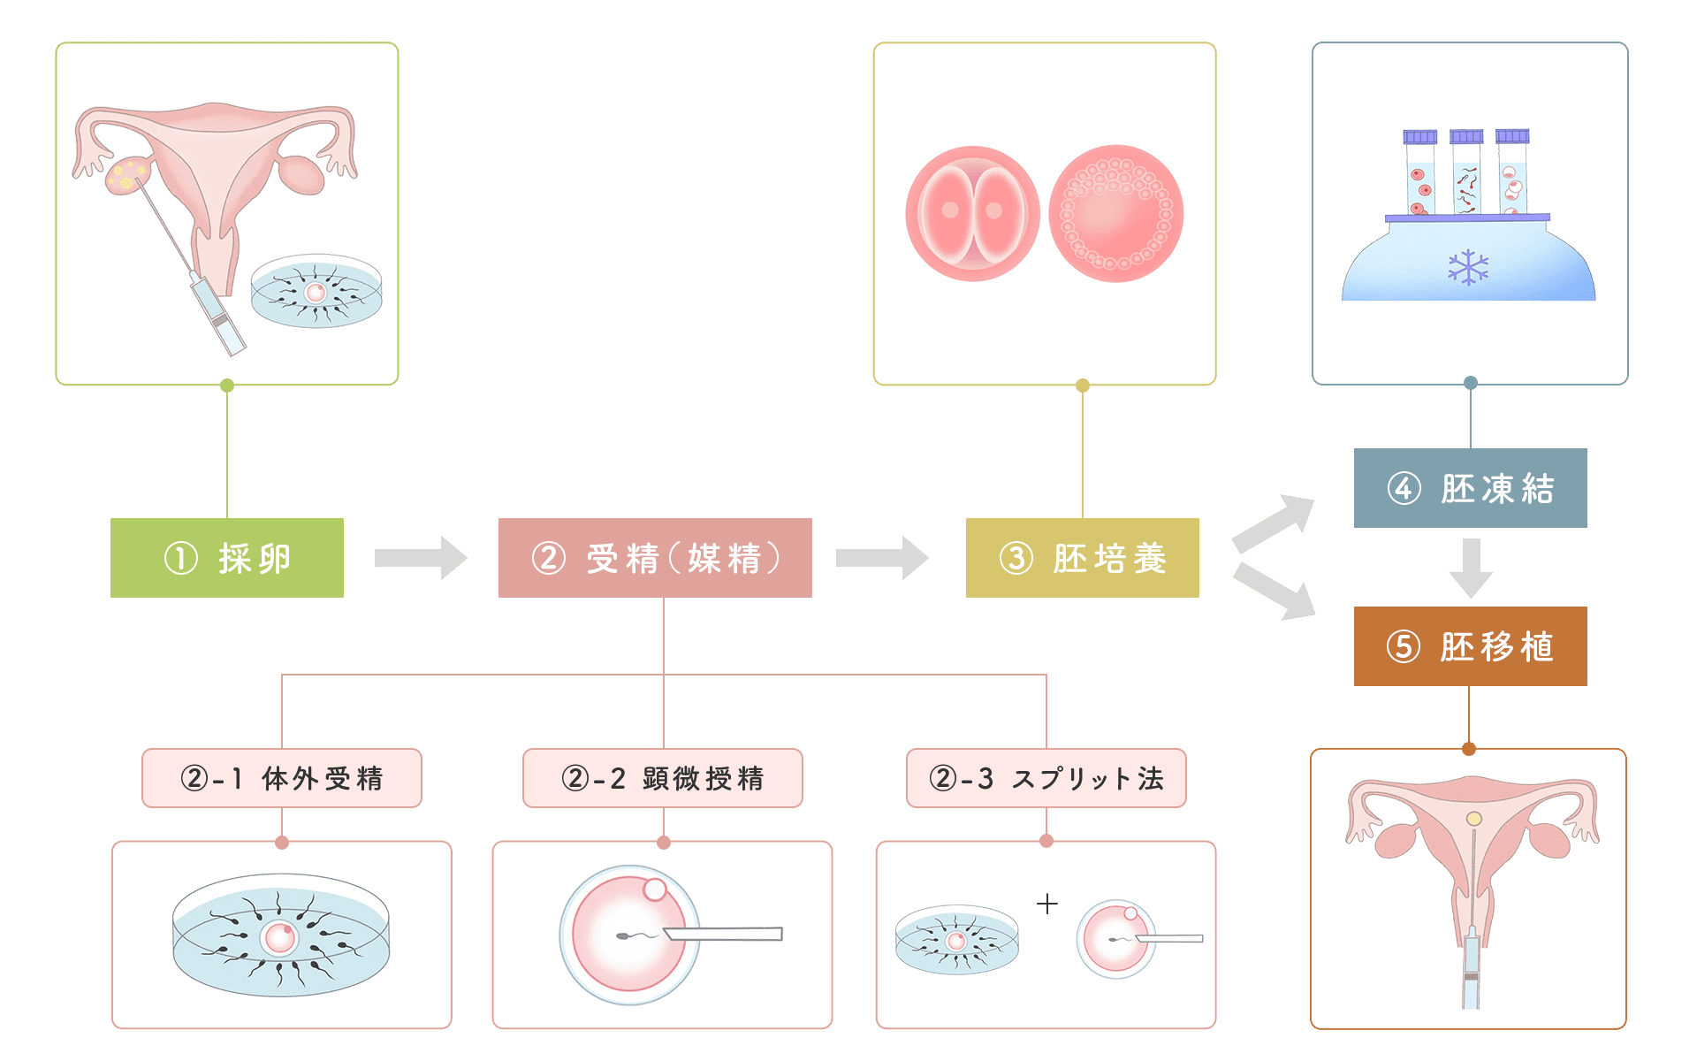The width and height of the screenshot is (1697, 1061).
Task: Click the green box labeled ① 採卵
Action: pos(227,558)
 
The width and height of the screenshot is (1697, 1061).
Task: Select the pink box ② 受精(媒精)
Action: pos(655,558)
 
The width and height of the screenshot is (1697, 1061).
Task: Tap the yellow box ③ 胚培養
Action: pos(1082,558)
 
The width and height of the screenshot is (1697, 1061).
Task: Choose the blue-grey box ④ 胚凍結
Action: pos(1470,488)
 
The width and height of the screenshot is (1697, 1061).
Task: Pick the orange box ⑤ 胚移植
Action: pos(1470,646)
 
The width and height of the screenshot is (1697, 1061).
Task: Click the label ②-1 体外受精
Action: pos(282,778)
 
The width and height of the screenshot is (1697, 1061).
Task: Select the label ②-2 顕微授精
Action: pos(663,778)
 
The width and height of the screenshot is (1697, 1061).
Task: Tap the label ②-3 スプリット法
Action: pos(1046,778)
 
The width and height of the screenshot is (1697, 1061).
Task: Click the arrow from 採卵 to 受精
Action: pos(421,558)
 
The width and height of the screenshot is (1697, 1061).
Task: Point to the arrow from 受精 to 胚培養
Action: pos(882,558)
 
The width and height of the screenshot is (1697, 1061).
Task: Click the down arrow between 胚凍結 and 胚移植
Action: pos(1471,568)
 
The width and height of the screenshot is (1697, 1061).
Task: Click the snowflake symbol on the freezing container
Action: pos(1468,267)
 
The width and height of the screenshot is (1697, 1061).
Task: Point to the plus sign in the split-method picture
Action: pos(1047,904)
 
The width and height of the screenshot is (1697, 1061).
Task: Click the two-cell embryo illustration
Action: pos(971,214)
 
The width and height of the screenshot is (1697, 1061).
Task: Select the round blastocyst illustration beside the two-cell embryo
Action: pos(1116,214)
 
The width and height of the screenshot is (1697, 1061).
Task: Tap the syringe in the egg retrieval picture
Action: pos(217,314)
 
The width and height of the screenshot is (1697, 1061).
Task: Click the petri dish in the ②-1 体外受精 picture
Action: pos(281,935)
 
